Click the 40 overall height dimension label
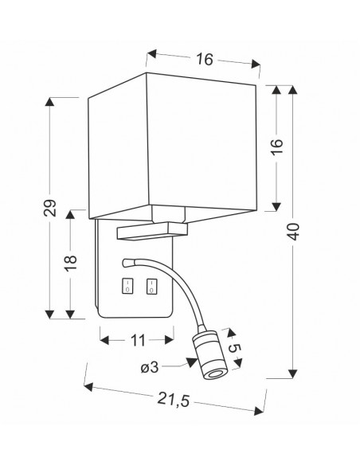click(x=293, y=232)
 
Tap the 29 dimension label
click(x=50, y=208)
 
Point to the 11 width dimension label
click(x=138, y=341)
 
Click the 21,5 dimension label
click(x=173, y=399)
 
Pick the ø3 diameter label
click(x=150, y=368)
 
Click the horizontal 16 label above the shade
click(x=205, y=59)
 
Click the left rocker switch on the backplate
click(x=127, y=286)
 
